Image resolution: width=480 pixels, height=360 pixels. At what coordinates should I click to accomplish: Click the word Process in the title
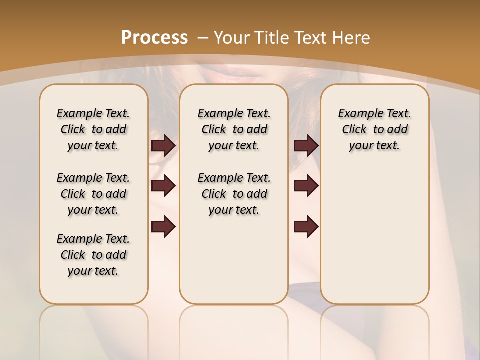[x=154, y=38]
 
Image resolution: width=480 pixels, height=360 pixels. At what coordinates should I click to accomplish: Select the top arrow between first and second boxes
[x=163, y=145]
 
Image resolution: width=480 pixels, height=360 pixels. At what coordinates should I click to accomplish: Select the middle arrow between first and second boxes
[x=163, y=186]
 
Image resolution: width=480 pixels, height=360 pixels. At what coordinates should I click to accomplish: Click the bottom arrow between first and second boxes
[x=163, y=227]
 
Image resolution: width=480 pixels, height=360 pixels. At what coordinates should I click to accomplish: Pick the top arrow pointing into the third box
[x=306, y=145]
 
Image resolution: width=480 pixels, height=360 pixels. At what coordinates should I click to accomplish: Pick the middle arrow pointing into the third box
[x=306, y=186]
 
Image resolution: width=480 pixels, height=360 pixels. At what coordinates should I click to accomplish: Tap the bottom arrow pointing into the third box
[x=306, y=227]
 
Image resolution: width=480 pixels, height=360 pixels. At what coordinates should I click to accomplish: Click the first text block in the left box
[x=93, y=129]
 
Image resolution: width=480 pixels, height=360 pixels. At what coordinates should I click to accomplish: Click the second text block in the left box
[x=93, y=194]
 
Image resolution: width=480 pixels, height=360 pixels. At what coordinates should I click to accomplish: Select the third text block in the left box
[x=93, y=255]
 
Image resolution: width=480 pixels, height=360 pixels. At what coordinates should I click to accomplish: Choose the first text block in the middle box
[x=234, y=129]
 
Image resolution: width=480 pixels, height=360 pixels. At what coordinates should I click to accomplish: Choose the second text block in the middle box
[x=234, y=194]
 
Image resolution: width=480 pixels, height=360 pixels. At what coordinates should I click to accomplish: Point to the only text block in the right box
[x=374, y=129]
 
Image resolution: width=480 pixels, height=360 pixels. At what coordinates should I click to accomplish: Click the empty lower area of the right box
[x=374, y=235]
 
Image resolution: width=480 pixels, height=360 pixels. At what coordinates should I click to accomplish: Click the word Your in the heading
[x=232, y=38]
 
